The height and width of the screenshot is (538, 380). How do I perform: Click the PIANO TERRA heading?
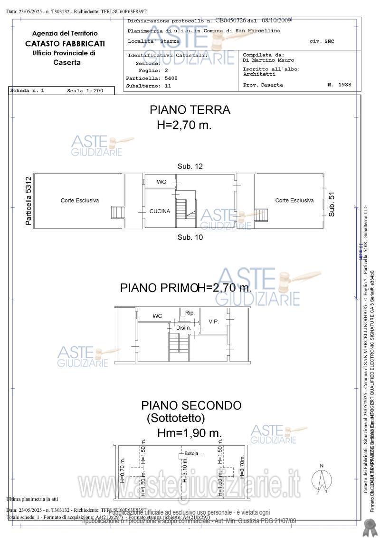point(190,110)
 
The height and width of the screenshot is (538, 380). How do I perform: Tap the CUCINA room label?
point(160,211)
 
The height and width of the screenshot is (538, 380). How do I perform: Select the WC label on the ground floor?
point(161,182)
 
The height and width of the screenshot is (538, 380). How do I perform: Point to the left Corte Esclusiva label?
point(80,201)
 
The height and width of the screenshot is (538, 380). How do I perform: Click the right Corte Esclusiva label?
point(294,201)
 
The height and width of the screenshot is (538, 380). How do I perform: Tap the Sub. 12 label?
point(190,166)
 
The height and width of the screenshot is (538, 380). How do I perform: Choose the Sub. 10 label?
point(190,237)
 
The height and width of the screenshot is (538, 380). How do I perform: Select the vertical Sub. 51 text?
point(332,205)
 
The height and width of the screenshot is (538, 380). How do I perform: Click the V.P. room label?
point(214,322)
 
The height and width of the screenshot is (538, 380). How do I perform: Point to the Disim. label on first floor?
point(183,328)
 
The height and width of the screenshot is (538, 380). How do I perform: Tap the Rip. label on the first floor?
point(190,313)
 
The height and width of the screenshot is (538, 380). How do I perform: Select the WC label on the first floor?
point(157,316)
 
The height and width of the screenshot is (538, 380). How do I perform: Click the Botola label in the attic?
point(191,453)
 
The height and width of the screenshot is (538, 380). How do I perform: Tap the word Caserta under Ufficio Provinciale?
point(67,62)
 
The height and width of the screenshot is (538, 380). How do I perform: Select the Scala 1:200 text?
point(85,90)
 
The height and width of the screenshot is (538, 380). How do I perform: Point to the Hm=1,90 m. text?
point(190,433)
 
